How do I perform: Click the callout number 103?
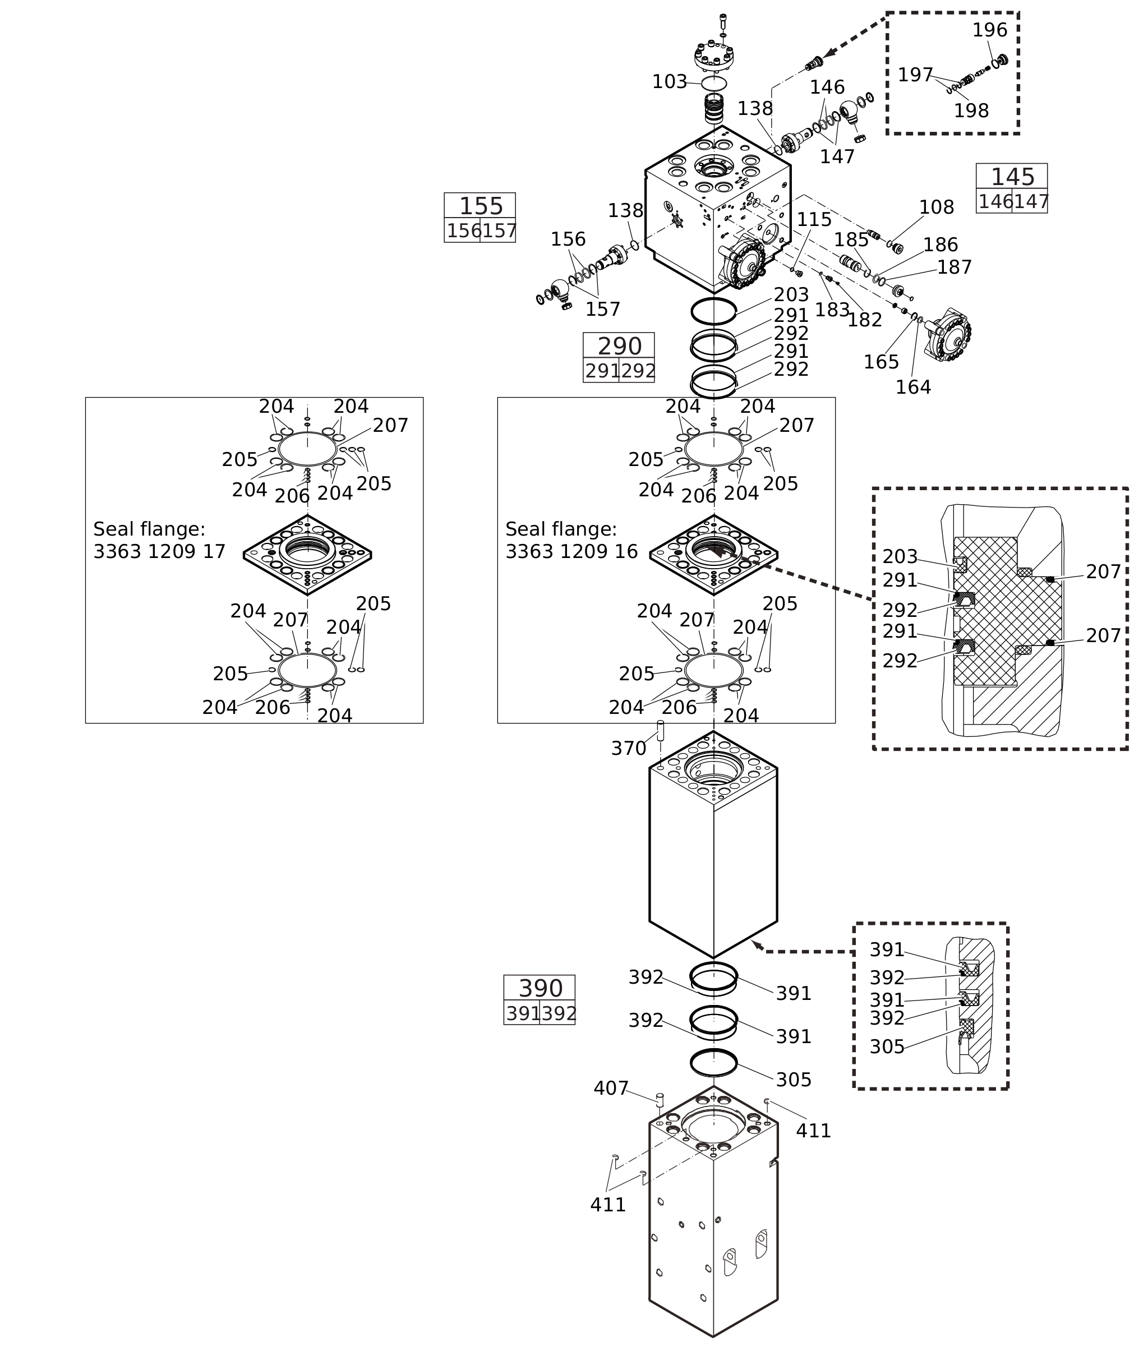click(x=669, y=82)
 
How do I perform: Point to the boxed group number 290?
click(x=619, y=346)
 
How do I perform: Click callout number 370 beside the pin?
click(x=628, y=748)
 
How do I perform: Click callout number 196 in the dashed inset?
click(x=989, y=30)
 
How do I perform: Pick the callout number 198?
click(x=971, y=110)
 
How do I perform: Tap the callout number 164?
click(x=912, y=387)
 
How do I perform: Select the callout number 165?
click(x=880, y=362)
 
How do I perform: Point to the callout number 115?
click(x=814, y=219)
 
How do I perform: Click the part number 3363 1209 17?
click(x=159, y=551)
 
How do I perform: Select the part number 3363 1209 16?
click(x=571, y=551)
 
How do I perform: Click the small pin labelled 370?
click(x=660, y=730)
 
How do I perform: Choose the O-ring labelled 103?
click(x=714, y=84)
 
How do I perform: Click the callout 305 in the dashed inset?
click(x=887, y=1046)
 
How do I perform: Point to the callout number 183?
click(x=832, y=310)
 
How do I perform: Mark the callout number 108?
click(x=936, y=207)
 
